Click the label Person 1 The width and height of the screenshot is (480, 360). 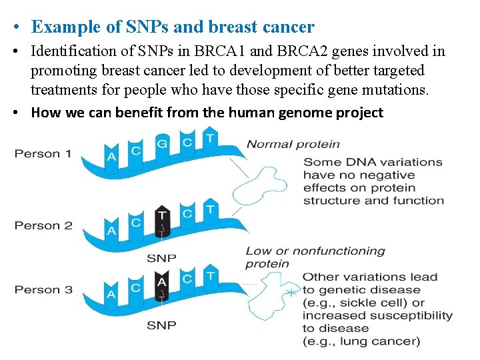click(x=43, y=154)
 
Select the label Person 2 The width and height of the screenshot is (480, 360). click(x=43, y=225)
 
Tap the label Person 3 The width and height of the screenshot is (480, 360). click(x=43, y=290)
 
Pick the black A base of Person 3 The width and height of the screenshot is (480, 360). click(x=162, y=283)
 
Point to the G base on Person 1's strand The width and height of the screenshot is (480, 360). click(x=162, y=143)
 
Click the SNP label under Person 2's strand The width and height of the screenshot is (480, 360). click(x=161, y=257)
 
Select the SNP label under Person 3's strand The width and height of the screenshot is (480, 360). click(x=161, y=325)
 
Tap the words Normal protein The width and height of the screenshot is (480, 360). click(x=293, y=144)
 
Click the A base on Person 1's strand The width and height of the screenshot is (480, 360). click(x=111, y=157)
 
